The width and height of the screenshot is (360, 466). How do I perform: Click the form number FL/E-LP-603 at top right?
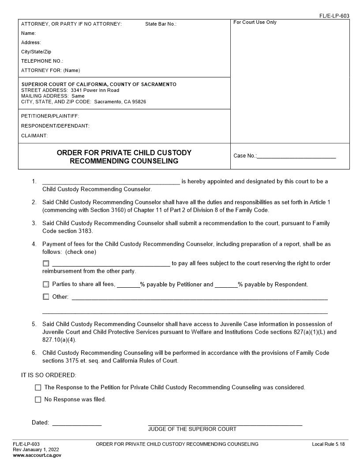point(334,16)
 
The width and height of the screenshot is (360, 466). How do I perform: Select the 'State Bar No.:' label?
point(161,24)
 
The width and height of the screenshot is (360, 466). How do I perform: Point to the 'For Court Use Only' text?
point(255,22)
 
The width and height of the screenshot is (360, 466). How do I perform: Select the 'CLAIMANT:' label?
point(34,135)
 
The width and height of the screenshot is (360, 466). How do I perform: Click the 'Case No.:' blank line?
point(296,156)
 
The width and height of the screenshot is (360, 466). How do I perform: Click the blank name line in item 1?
point(111,181)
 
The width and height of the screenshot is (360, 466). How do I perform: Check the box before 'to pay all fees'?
point(46,263)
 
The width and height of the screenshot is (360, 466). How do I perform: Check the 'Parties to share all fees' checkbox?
point(46,285)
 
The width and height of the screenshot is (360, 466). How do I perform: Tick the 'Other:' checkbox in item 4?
point(46,297)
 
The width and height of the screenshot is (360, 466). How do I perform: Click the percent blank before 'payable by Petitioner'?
point(128,285)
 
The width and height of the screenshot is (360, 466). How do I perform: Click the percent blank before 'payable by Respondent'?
point(226,285)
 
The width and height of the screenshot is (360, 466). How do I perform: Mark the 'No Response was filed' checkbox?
point(38,400)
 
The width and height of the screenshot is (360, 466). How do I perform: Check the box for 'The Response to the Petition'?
point(38,387)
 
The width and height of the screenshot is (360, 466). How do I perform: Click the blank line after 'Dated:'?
point(77,423)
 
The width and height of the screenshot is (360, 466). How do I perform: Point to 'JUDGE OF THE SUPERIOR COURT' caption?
point(192,429)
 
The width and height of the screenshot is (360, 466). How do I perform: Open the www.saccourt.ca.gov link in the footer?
point(37,455)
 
